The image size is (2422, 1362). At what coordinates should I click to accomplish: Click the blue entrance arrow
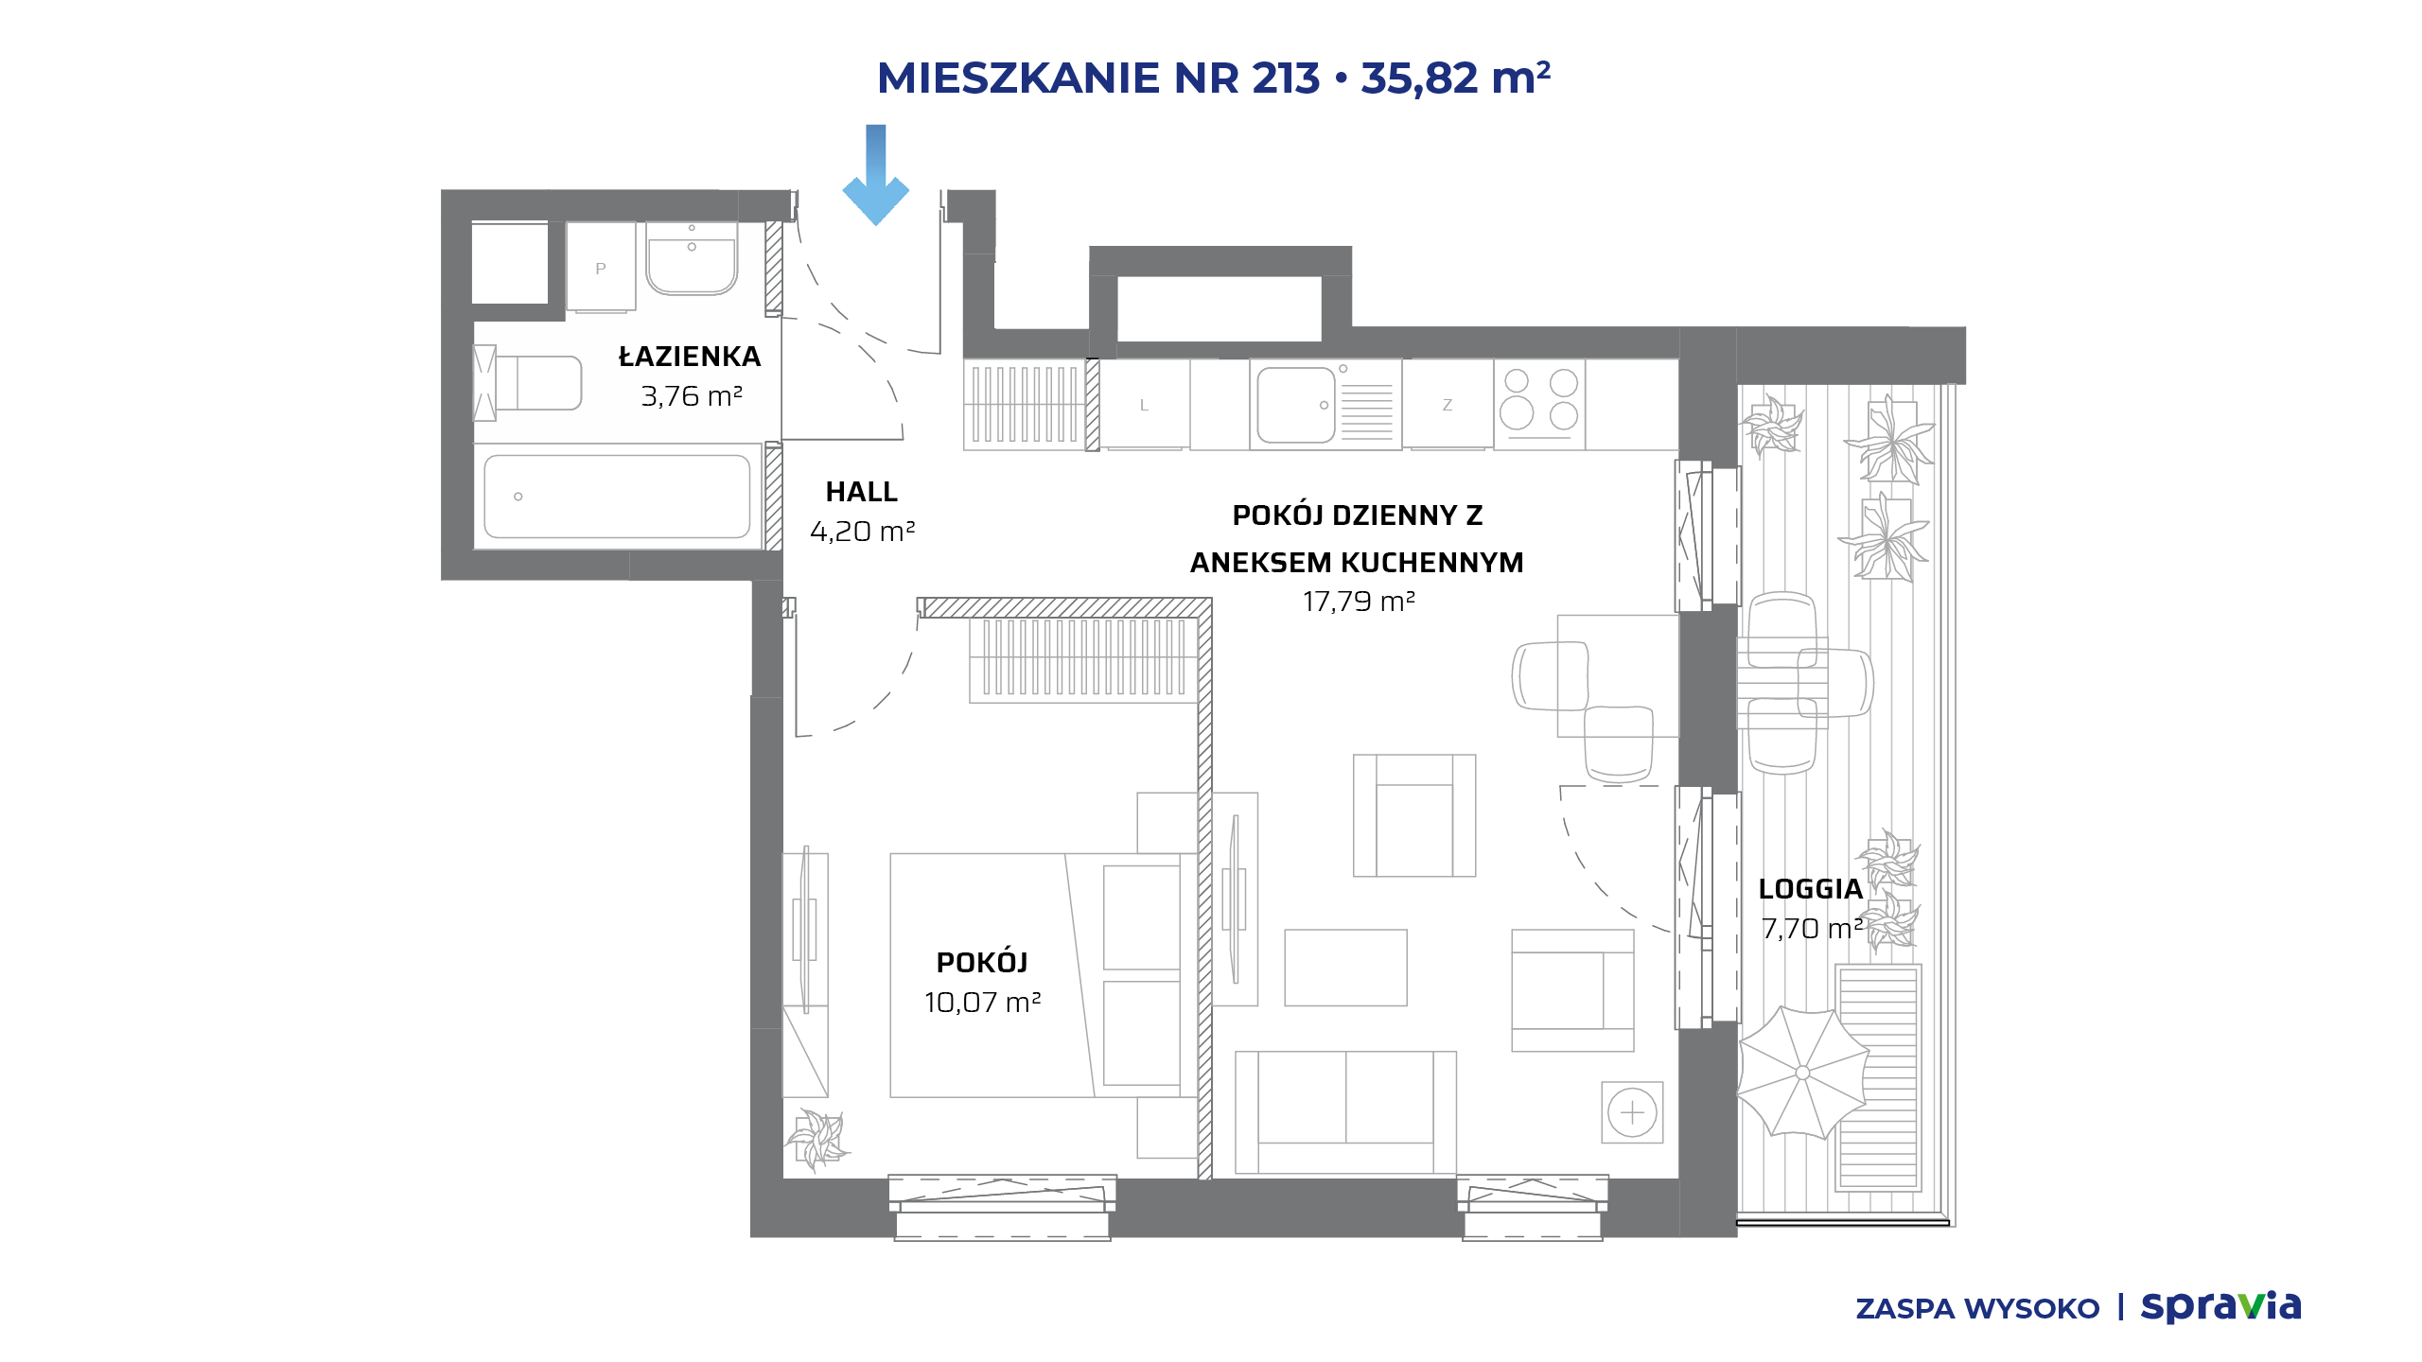pos(876,175)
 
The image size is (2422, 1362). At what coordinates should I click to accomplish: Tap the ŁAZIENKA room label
pos(690,357)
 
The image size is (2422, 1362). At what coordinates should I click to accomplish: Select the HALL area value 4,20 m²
pos(863,532)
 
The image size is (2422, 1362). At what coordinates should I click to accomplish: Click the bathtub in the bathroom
pos(618,497)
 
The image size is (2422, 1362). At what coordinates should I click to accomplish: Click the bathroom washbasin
pos(692,258)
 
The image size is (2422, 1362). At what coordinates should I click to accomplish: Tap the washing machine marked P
pos(601,268)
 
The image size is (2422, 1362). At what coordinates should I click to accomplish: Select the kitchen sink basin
pos(1296,405)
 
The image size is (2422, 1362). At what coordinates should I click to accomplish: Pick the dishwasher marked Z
pos(1448,404)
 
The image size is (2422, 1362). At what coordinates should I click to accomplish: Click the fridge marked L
pos(1144,404)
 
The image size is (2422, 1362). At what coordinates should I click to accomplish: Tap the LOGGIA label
pos(1811,889)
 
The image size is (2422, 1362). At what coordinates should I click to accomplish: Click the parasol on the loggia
pos(1802,1073)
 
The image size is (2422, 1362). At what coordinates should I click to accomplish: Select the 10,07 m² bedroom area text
pos(983,1003)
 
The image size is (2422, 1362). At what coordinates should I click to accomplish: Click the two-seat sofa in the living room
pos(1345,1112)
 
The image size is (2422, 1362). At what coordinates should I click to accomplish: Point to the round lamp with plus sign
pos(1632,1112)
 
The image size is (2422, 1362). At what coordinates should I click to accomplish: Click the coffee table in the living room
pos(1345,968)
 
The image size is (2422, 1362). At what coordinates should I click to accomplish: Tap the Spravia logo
pos(2220,1306)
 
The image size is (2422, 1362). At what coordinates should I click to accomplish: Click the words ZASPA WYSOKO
pos(1977,1309)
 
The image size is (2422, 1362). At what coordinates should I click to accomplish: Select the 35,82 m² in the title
pos(1456,78)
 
